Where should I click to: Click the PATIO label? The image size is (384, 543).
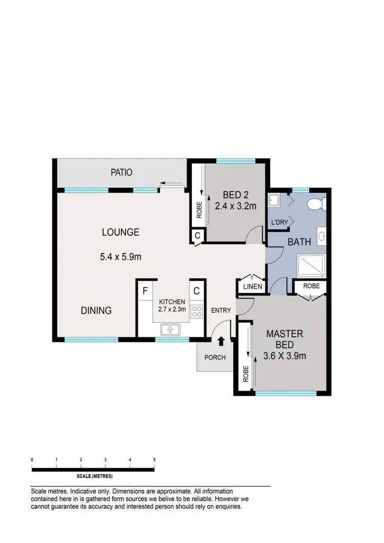point(121,172)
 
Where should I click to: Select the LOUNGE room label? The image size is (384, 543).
point(120,232)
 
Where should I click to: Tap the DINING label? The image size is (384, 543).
point(96,310)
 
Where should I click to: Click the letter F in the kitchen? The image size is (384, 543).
point(145,291)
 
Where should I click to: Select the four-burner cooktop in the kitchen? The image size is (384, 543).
point(197,311)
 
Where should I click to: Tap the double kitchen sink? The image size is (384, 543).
point(170,329)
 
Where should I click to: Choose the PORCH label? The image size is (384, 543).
point(215,357)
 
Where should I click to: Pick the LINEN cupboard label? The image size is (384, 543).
point(253,287)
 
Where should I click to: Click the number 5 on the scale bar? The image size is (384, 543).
point(154,460)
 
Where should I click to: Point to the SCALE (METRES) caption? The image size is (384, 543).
point(93,475)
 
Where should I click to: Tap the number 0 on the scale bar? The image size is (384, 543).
point(32,460)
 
